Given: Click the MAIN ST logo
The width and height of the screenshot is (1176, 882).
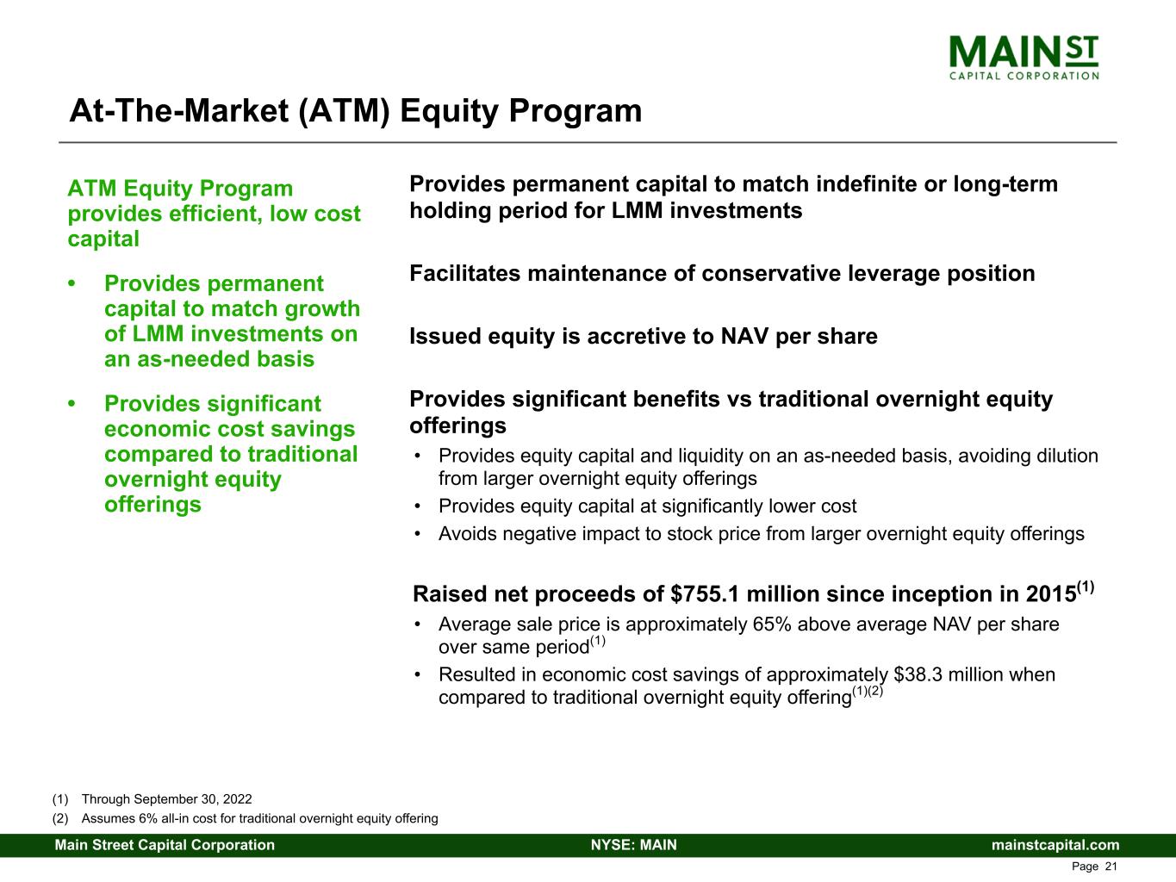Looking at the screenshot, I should pos(1024,57).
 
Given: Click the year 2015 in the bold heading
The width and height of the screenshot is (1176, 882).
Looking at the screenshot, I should pos(1050,594).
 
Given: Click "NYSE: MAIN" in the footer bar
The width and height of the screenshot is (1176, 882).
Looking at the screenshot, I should pos(633,845).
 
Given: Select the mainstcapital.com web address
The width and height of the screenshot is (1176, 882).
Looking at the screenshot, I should pos(1055,845).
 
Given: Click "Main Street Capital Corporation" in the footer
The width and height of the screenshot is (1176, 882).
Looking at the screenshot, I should pos(165,845).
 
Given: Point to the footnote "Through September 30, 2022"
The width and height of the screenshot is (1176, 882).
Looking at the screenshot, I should pos(166,799).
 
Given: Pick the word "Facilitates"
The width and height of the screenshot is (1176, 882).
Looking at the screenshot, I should pos(465,274).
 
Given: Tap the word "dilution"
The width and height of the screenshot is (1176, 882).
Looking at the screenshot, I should pos(1065,456).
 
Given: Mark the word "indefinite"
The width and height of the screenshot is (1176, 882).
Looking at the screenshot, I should pos(876,184).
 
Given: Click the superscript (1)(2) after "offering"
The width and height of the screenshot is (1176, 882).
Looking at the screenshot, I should pos(868,692).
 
